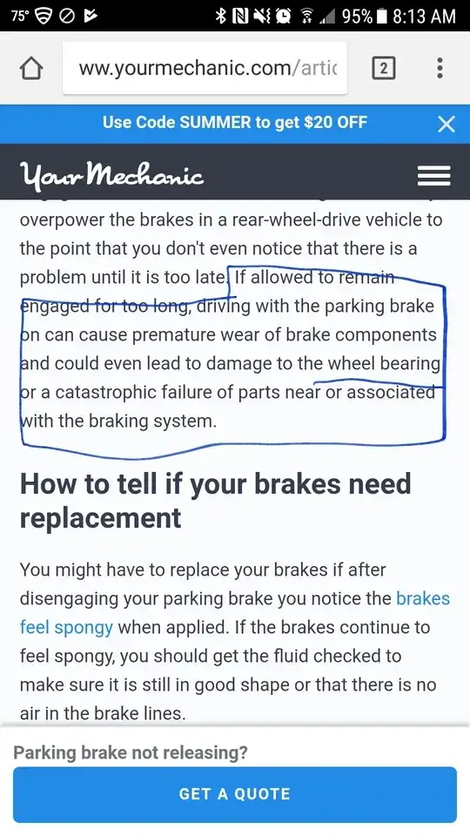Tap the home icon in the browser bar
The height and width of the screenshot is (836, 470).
click(x=30, y=68)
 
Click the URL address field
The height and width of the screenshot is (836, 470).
click(x=205, y=68)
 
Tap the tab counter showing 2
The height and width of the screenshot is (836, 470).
click(x=383, y=68)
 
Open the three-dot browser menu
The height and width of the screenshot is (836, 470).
click(x=440, y=68)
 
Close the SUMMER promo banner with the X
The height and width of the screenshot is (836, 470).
click(x=446, y=125)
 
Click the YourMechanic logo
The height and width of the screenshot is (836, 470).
click(x=111, y=174)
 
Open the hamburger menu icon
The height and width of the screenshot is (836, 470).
click(x=433, y=175)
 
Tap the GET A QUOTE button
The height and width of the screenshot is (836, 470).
click(x=234, y=794)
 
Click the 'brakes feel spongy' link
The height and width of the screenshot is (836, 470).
click(x=234, y=612)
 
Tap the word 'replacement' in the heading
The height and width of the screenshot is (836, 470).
click(x=100, y=518)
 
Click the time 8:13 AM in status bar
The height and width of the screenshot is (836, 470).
click(x=424, y=16)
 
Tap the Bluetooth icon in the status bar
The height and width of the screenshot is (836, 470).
click(x=220, y=16)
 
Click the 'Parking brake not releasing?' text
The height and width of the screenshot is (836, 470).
click(x=131, y=752)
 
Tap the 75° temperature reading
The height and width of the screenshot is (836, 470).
click(x=20, y=16)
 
